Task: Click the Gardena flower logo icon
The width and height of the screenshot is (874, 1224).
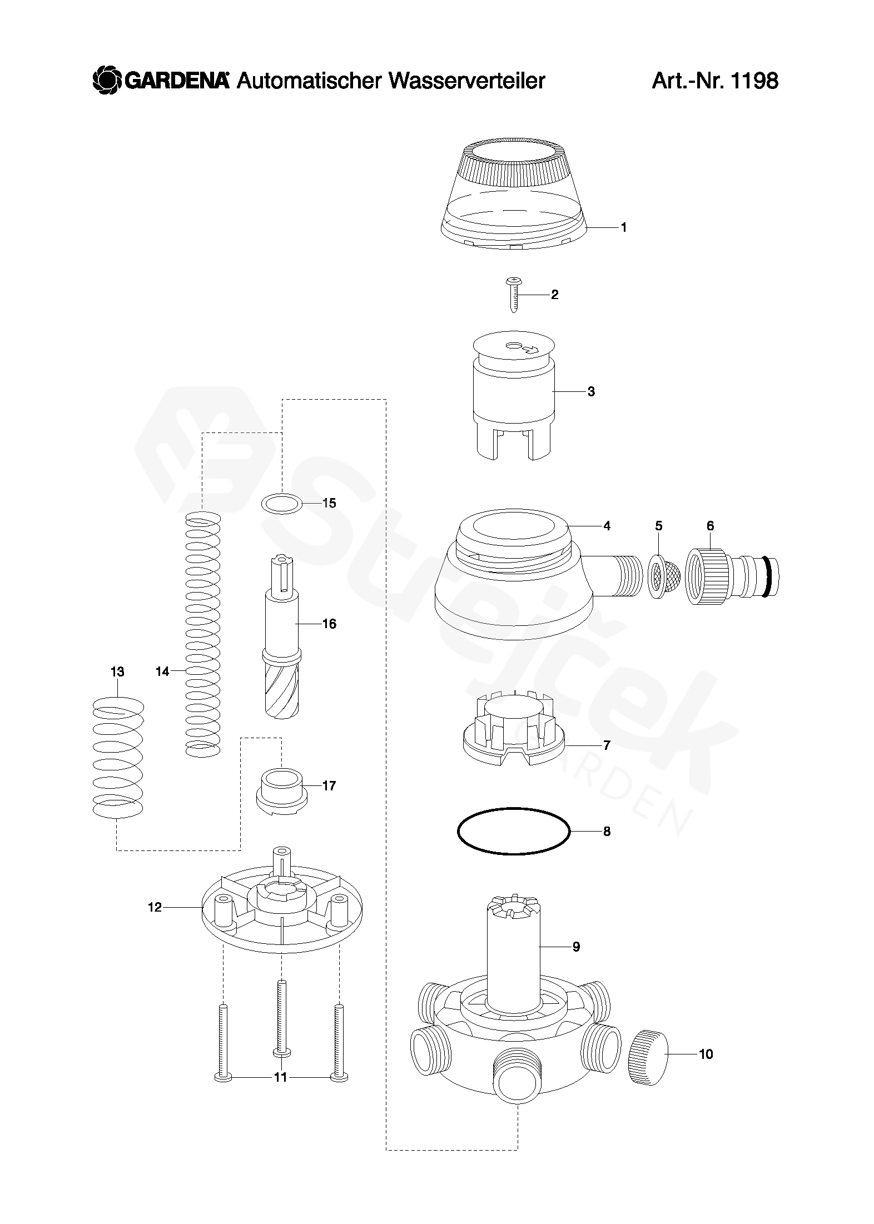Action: pos(107,81)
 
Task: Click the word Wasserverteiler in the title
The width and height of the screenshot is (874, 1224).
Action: pos(466,81)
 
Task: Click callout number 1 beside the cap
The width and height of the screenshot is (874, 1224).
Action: pos(623,227)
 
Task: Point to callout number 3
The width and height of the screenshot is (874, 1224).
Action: pos(591,391)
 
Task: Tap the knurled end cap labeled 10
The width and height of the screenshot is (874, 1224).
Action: pos(647,1053)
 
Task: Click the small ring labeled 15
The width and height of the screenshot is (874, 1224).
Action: pos(282,503)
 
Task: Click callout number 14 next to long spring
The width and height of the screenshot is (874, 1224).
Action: pos(162,671)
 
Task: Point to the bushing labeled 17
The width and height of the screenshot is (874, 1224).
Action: pos(281,791)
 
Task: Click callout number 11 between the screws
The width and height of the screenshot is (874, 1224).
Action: pos(280,1077)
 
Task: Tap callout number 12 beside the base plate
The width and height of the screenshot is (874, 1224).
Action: pos(155,907)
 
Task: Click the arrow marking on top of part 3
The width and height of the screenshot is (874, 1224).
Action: pos(529,349)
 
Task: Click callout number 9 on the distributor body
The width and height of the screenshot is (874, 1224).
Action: pos(576,947)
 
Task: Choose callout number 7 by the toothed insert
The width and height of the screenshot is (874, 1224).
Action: pos(607,745)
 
